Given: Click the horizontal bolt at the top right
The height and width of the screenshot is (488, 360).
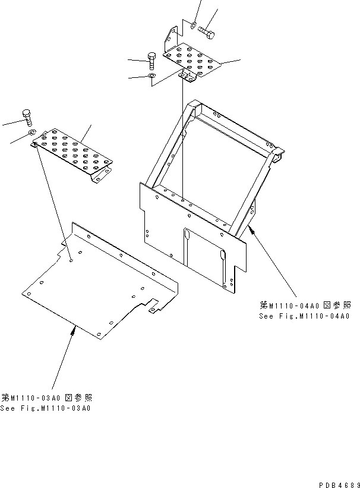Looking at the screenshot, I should pyautogui.click(x=206, y=29).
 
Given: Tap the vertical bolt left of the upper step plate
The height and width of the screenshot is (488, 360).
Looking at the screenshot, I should pyautogui.click(x=150, y=58).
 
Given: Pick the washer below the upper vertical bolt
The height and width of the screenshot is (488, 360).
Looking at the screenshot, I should pyautogui.click(x=151, y=77).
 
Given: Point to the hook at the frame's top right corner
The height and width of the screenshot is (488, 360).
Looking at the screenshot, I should pyautogui.click(x=277, y=156).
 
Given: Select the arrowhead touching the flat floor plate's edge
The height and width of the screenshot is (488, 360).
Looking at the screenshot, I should pyautogui.click(x=74, y=329).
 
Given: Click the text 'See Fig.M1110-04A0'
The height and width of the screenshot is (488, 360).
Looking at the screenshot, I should pyautogui.click(x=304, y=316).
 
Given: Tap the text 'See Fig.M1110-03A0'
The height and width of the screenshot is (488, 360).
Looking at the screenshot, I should pyautogui.click(x=46, y=408).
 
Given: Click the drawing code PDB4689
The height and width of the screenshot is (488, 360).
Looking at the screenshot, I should pyautogui.click(x=336, y=483).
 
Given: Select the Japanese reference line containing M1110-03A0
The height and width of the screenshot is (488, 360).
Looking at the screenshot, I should pyautogui.click(x=46, y=398).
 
